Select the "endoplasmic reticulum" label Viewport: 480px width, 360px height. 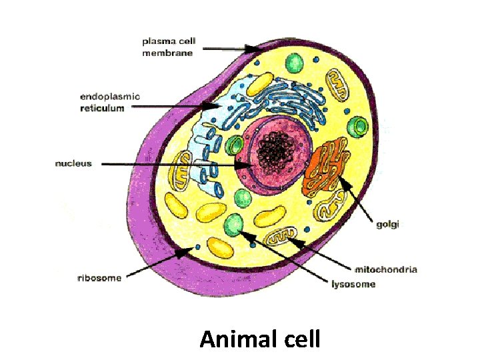pyautogui.click(x=110, y=102)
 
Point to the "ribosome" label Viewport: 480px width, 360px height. pyautogui.click(x=99, y=278)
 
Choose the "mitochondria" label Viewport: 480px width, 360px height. pyautogui.click(x=386, y=269)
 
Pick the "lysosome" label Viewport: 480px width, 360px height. pyautogui.click(x=353, y=285)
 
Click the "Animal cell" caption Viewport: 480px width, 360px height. pyautogui.click(x=260, y=339)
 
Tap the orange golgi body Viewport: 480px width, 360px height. pyautogui.click(x=325, y=166)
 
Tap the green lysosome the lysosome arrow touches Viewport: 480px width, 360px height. pyautogui.click(x=234, y=225)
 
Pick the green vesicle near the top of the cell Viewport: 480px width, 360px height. pyautogui.click(x=293, y=64)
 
